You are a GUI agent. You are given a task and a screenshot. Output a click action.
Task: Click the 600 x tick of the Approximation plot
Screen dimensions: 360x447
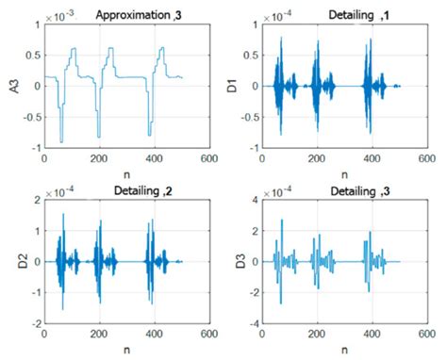coord(204,159)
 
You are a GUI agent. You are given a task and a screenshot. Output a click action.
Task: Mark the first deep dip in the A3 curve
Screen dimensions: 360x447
coord(61,140)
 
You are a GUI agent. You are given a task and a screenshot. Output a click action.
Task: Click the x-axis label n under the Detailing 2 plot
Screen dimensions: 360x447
coord(124,351)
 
